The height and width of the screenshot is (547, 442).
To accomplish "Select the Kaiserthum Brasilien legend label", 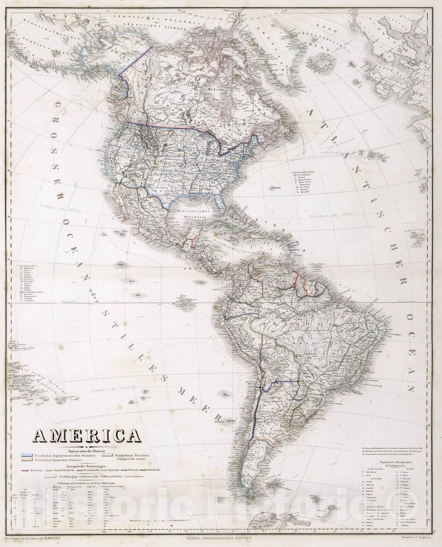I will pos(132,455).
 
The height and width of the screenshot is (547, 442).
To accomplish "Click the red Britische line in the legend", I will pos(25,470).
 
